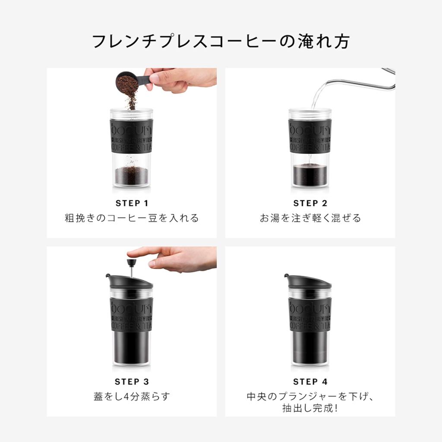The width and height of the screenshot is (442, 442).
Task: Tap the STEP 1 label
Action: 132,203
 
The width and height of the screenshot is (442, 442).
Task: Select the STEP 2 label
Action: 310,203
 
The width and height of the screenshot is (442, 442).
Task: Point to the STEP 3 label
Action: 132,382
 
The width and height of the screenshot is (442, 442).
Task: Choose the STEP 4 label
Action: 310,382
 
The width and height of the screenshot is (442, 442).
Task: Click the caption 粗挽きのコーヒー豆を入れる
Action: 132,218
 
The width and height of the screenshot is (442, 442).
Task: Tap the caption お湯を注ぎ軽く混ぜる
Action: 310,218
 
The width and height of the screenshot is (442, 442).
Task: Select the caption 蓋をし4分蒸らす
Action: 132,396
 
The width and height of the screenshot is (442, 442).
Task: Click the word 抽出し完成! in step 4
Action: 310,407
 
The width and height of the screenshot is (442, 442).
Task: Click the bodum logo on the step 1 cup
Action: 132,128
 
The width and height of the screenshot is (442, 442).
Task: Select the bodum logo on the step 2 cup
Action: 310,128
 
